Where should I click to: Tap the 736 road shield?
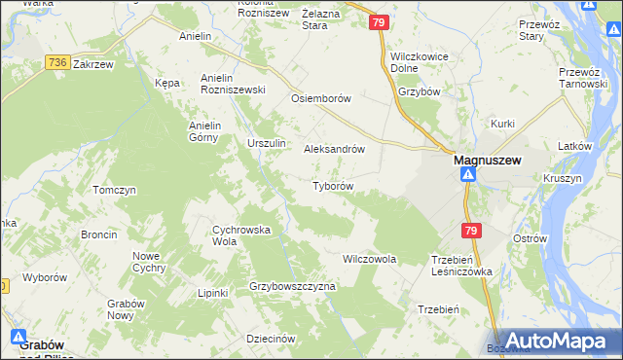click(x=55, y=62)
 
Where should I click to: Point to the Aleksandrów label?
click(x=335, y=150)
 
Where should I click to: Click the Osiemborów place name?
click(x=320, y=98)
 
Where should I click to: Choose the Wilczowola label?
click(x=369, y=260)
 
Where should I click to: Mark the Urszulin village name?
click(x=267, y=143)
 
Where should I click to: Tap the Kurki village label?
click(x=502, y=124)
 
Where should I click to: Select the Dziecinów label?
click(x=271, y=338)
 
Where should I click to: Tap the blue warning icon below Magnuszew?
click(x=468, y=175)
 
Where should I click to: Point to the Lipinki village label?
click(x=212, y=293)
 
